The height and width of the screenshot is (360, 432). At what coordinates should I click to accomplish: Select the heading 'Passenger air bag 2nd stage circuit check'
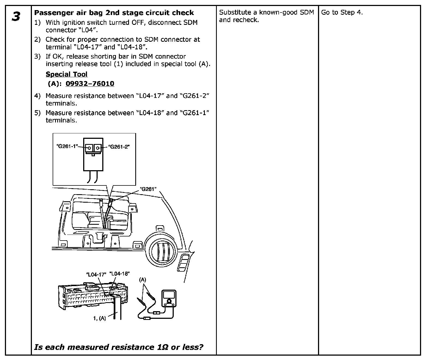click(114, 13)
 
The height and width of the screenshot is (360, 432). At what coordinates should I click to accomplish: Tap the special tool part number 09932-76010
click(90, 83)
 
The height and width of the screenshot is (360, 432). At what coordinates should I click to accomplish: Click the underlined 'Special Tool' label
click(67, 74)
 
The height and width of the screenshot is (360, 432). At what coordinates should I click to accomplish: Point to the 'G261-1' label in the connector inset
click(67, 146)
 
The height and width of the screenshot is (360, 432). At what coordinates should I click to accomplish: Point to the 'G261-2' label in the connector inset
click(119, 146)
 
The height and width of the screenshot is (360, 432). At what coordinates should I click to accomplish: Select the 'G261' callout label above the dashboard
click(148, 189)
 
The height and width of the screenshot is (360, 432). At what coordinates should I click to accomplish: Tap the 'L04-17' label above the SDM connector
click(96, 275)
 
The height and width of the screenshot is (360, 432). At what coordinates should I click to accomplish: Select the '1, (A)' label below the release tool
click(99, 318)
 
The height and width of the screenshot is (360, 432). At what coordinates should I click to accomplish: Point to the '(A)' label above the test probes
click(142, 280)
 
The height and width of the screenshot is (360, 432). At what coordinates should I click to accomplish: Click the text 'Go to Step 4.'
click(342, 12)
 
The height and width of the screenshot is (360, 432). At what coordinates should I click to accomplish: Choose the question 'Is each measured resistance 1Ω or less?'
click(119, 347)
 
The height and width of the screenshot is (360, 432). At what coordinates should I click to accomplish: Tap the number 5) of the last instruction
click(37, 113)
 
